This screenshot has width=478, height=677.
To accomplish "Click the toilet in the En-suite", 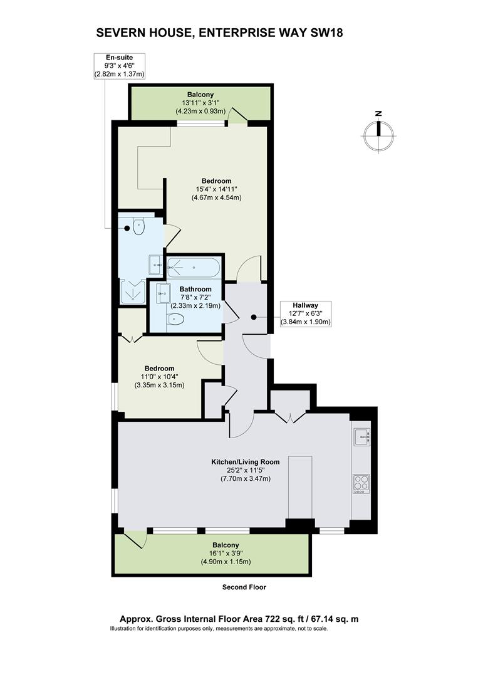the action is point(138,227).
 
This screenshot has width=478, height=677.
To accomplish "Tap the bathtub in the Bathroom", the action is point(194,268).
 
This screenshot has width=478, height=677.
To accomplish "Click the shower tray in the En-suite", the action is point(133,291).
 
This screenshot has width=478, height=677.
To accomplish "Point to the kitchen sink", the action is point(361,437).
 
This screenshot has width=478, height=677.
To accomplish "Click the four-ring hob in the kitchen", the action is point(361,483).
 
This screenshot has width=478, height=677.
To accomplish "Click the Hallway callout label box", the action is point(306,313).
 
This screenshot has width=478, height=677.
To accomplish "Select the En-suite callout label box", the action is point(119,66).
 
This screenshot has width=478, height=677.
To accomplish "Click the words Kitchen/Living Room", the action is point(245,462).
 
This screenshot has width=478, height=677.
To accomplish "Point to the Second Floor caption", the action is point(244,587).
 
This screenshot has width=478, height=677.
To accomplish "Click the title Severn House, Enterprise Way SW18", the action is point(220,33).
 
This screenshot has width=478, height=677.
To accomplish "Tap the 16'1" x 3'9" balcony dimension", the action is point(225,554).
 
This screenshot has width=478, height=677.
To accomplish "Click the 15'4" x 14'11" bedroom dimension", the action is point(217,189).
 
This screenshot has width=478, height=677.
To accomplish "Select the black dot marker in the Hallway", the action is point(254,317).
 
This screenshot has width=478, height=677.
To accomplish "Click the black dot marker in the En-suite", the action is point(127,228).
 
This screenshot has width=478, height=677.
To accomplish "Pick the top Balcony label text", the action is point(200,95).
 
